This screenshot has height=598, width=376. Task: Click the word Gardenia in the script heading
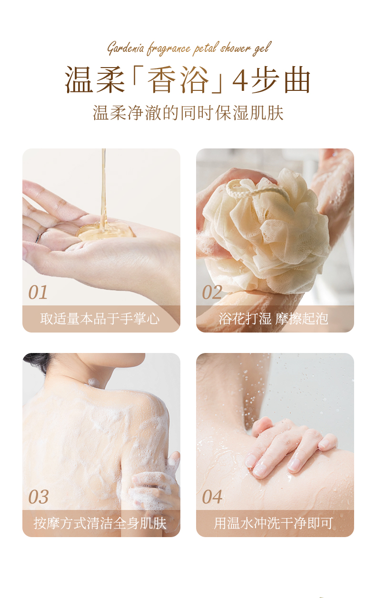point(126,49)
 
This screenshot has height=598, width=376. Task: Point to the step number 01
point(38,292)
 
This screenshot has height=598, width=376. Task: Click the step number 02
point(212,292)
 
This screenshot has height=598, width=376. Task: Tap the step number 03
point(39,497)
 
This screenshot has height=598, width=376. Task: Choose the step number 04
point(212,497)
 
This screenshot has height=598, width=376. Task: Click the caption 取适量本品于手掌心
point(100,318)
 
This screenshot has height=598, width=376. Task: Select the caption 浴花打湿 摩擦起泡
point(274,318)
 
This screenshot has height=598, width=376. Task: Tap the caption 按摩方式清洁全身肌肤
point(100,523)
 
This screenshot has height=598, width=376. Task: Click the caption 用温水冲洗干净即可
point(274,523)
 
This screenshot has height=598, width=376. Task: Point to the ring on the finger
point(39,237)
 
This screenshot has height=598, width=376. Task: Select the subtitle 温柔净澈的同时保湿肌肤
point(188,113)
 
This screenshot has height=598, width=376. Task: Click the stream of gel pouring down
point(104,187)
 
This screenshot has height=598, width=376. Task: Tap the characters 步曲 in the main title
point(281,79)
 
